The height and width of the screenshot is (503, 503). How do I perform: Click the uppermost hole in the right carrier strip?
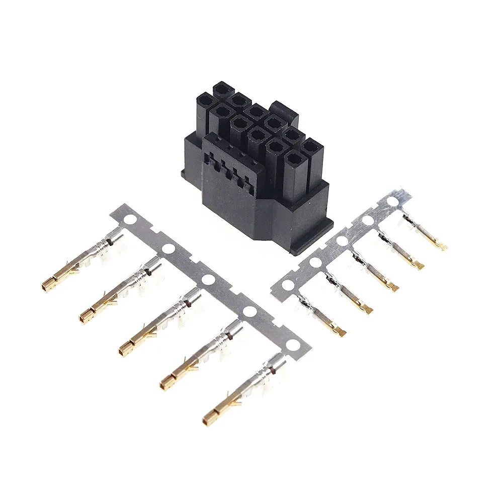393,202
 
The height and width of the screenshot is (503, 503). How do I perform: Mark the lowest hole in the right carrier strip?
288,285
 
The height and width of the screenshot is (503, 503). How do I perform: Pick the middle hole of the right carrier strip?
342,241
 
